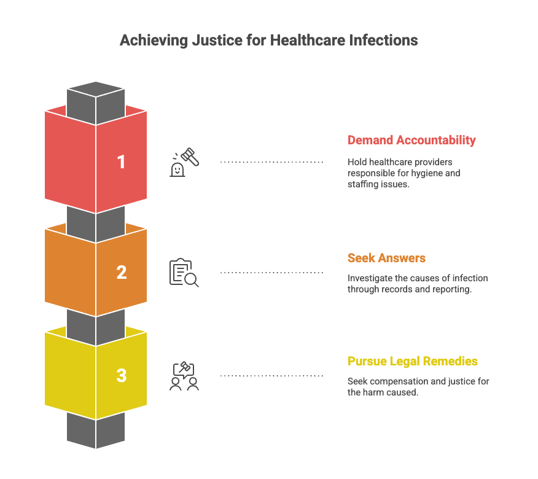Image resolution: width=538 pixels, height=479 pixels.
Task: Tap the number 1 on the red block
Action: pyautogui.click(x=121, y=162)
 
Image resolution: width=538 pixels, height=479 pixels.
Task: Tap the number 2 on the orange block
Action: pyautogui.click(x=121, y=272)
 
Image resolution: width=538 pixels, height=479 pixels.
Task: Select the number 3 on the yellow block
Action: pyautogui.click(x=121, y=375)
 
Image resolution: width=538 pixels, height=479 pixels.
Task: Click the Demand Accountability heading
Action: pyautogui.click(x=411, y=140)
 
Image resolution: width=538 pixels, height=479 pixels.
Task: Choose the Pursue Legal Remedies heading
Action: pyautogui.click(x=413, y=361)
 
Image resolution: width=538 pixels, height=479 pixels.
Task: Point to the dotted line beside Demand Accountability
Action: pyautogui.click(x=271, y=162)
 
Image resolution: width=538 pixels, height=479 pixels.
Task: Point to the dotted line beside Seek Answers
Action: pyautogui.click(x=271, y=273)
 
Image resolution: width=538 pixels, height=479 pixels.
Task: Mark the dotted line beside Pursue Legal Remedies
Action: pyautogui.click(x=271, y=376)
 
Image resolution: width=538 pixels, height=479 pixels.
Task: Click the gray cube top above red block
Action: pyautogui.click(x=96, y=93)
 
